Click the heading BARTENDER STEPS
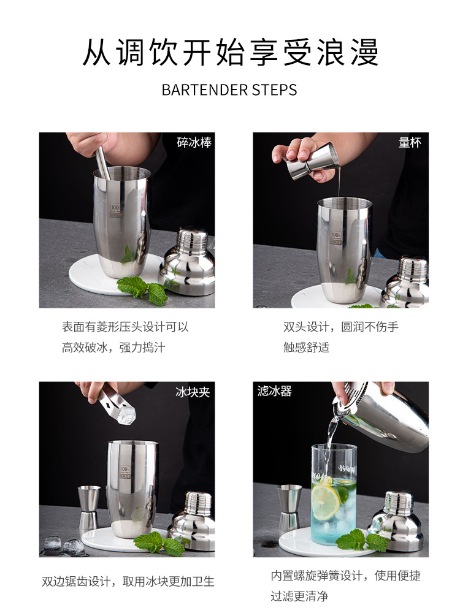(229, 90)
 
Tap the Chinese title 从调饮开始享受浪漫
(231, 52)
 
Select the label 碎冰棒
(194, 142)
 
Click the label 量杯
(410, 143)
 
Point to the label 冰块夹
(193, 392)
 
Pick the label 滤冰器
(275, 391)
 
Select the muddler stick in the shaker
(103, 164)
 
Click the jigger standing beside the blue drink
(289, 508)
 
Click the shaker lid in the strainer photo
(397, 522)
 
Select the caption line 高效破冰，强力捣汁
(113, 347)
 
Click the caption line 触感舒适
(306, 347)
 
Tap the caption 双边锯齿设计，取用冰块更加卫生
(128, 582)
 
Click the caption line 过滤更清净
(299, 596)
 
